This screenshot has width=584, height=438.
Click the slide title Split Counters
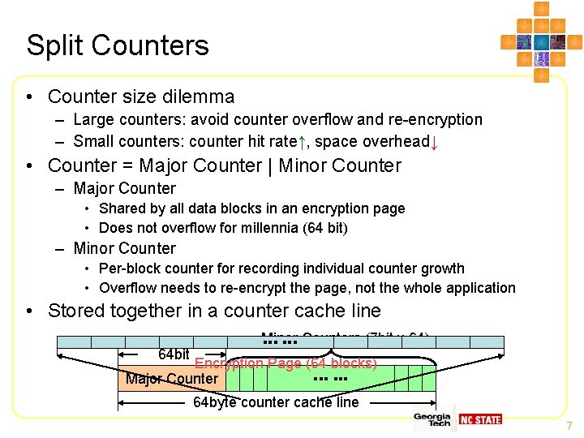118,45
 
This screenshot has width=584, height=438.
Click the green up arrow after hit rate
301,143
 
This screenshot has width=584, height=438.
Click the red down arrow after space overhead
435,144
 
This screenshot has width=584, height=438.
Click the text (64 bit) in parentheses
325,228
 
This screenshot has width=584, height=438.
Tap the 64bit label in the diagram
174,354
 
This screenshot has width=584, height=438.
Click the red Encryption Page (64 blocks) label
286,363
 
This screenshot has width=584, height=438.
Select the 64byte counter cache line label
276,402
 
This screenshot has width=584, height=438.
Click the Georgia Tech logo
432,419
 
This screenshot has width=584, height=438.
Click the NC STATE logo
480,419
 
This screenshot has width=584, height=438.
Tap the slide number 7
569,426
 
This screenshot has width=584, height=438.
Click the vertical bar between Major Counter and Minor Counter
270,165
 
